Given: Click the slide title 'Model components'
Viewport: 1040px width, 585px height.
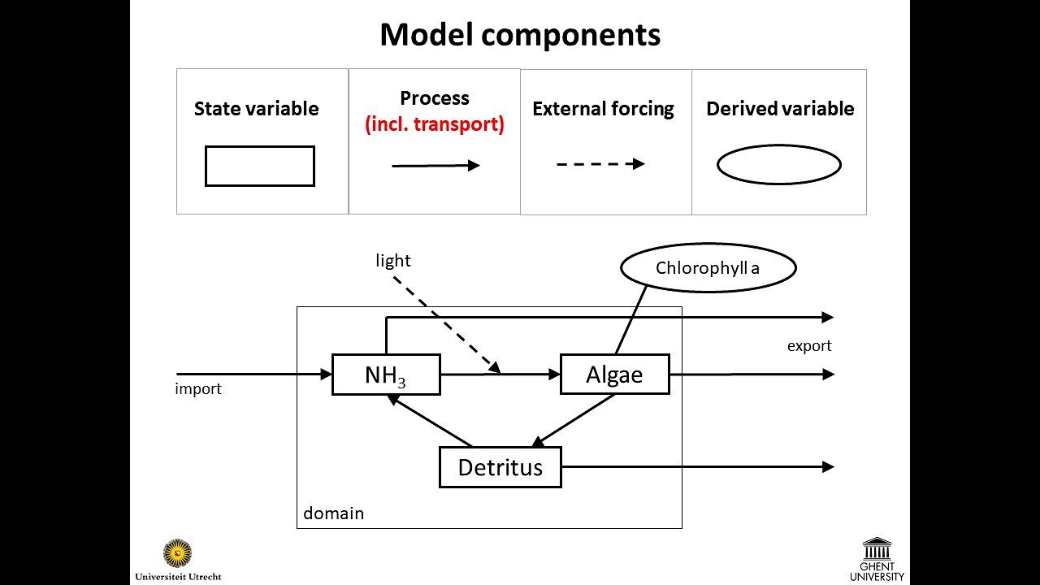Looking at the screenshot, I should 520,35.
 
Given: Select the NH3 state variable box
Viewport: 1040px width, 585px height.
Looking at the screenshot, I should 386,375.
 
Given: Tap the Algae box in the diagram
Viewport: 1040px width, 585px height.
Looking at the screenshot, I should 614,375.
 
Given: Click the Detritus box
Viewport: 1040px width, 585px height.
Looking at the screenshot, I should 500,467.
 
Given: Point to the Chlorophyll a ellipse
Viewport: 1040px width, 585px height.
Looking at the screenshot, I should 708,267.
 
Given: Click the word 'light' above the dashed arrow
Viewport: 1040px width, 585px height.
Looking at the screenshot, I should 393,261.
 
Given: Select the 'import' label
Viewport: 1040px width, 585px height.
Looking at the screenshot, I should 198,389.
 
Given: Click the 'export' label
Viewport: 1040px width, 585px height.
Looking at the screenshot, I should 809,346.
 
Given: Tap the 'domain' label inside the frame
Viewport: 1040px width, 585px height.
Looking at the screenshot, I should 333,513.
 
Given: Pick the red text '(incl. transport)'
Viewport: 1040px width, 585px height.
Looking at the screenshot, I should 435,125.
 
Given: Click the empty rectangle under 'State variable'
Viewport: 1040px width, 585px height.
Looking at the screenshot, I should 259,166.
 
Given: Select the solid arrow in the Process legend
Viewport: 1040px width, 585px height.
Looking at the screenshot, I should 435,166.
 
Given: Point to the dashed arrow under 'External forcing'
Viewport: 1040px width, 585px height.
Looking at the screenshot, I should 600,164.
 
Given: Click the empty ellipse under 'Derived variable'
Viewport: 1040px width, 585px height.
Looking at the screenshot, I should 778,165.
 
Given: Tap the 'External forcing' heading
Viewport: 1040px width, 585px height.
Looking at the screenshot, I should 603,109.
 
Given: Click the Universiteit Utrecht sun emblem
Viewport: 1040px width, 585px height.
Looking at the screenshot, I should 177,553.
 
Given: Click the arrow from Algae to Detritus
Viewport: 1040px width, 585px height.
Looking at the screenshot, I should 574,421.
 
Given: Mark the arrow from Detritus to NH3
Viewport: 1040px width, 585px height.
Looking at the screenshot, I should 431,420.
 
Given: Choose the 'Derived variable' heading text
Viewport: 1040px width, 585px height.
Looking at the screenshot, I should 780,109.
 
